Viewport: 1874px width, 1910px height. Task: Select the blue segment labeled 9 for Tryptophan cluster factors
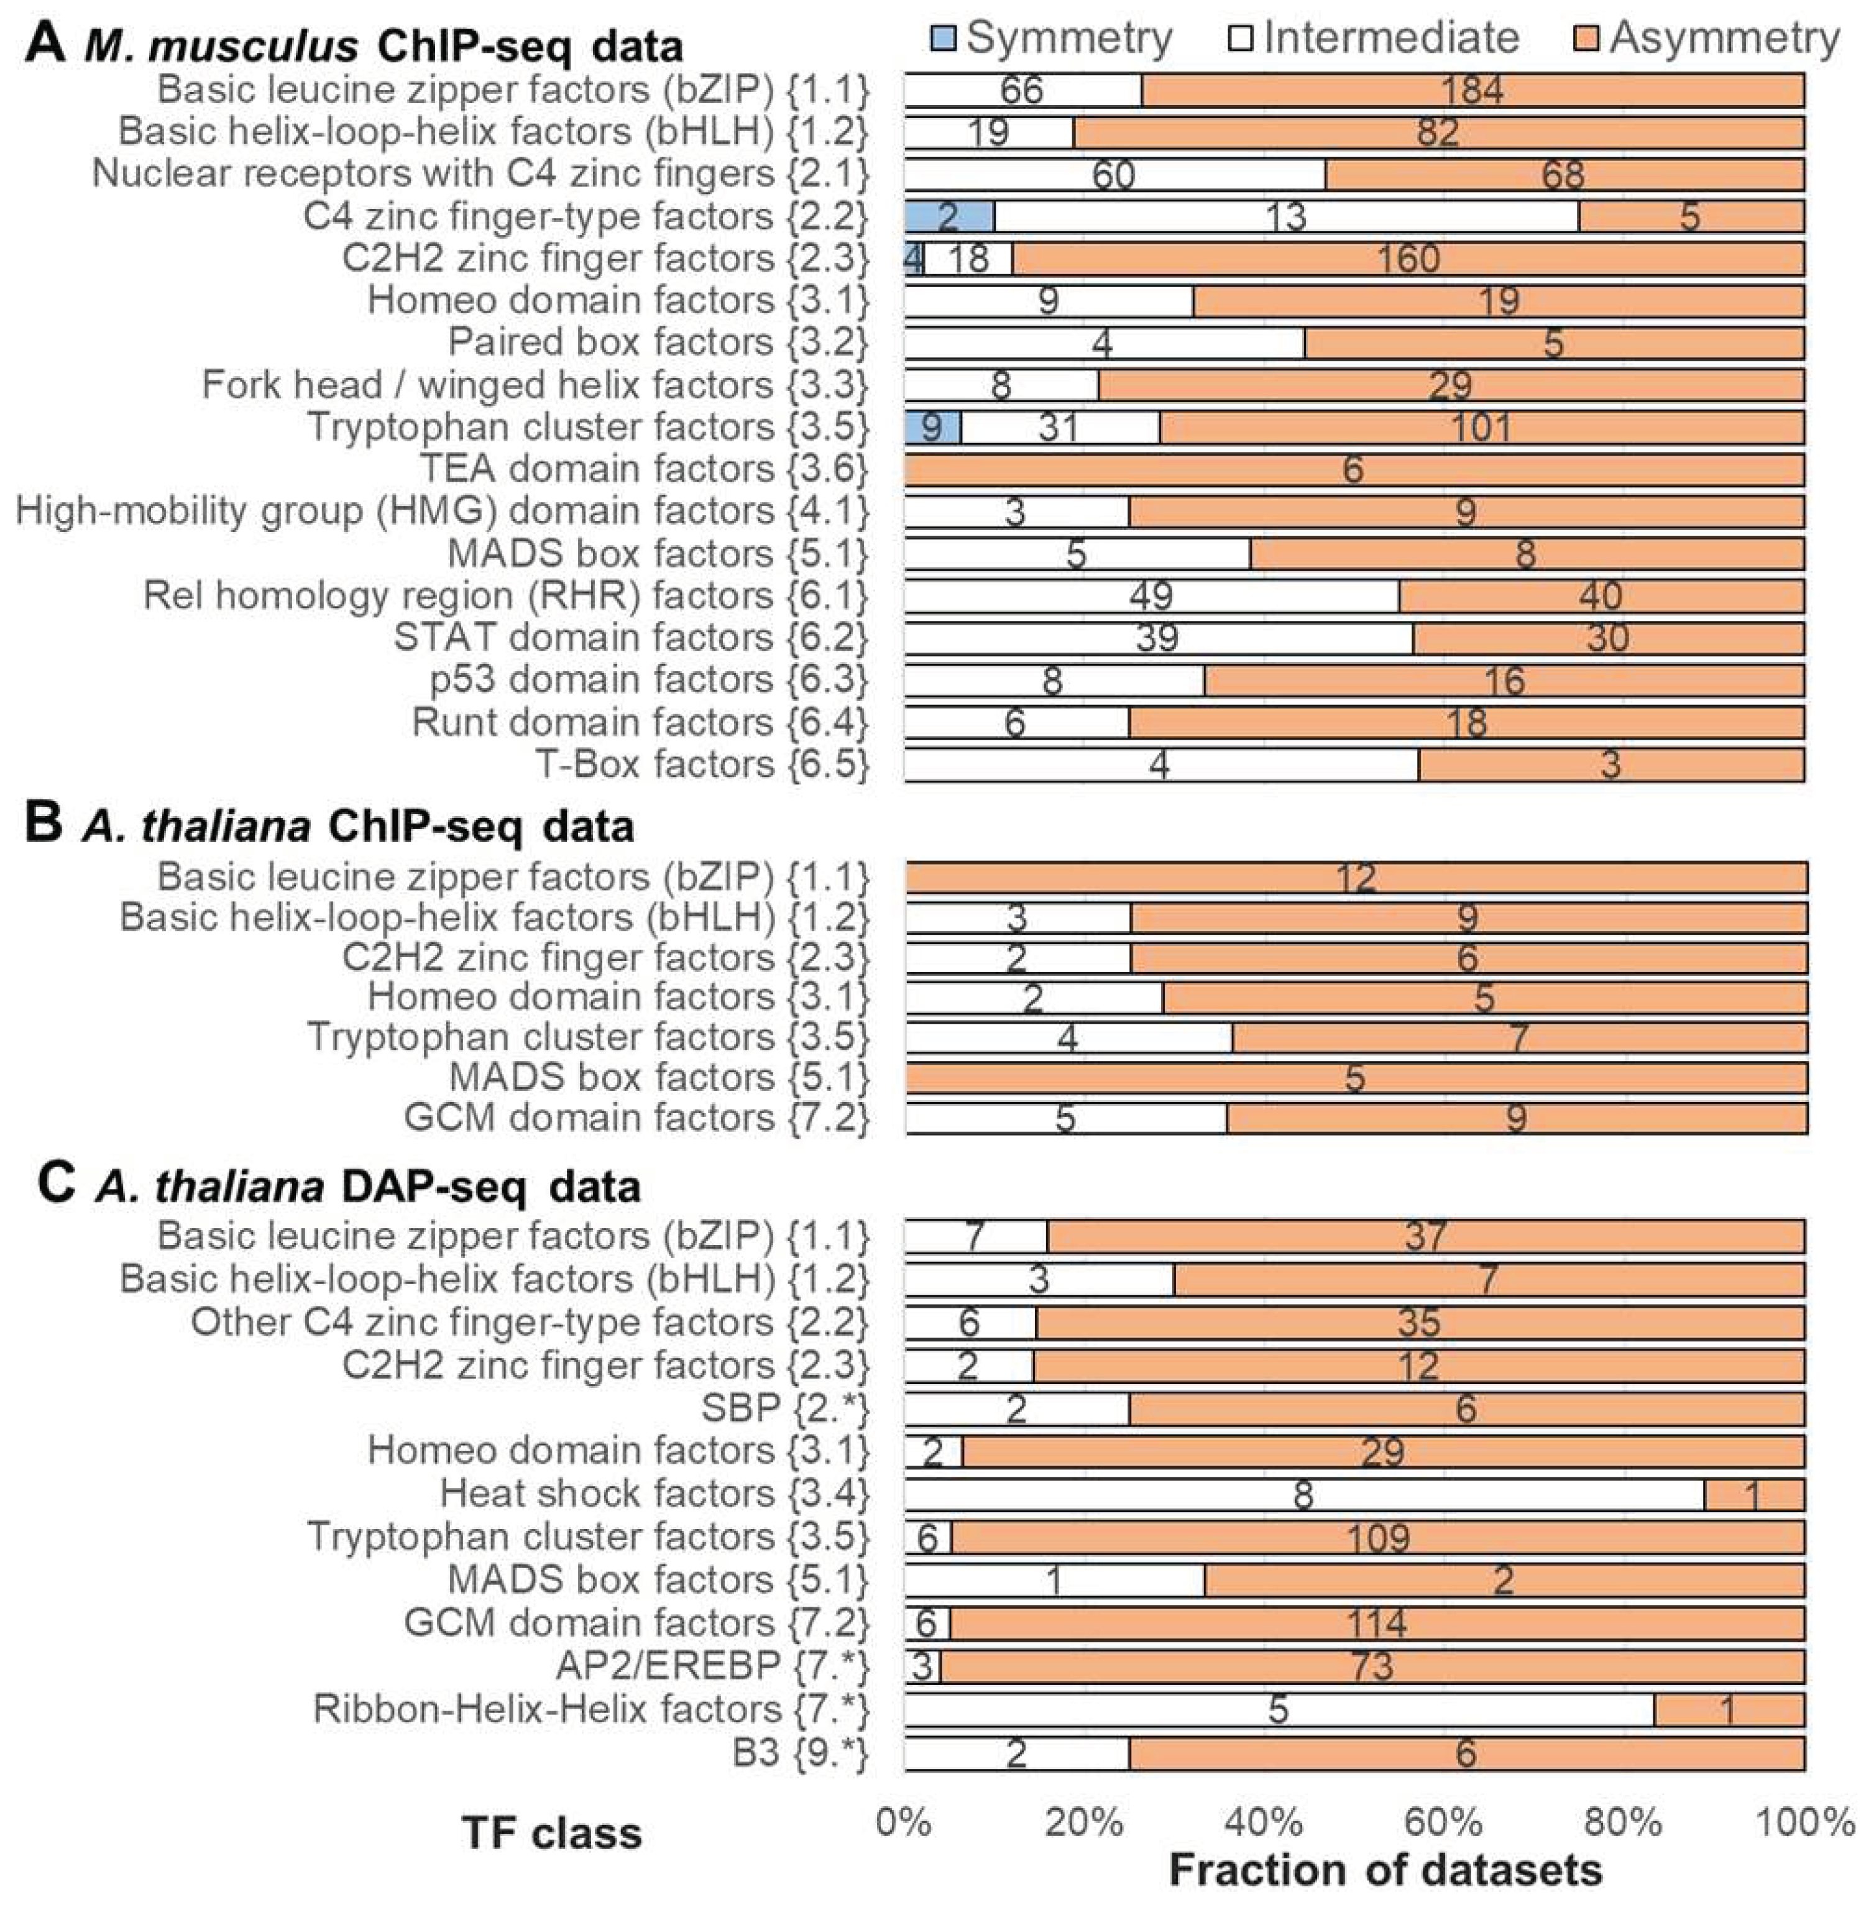click(931, 428)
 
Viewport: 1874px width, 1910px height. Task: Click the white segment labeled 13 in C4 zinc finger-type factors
click(1285, 216)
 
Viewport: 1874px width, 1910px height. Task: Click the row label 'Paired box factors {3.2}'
click(658, 342)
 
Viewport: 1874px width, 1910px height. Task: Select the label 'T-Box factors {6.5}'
click(702, 764)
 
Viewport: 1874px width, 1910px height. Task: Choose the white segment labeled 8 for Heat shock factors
click(1302, 1495)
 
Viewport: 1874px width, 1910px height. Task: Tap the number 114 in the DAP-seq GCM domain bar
click(1376, 1623)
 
